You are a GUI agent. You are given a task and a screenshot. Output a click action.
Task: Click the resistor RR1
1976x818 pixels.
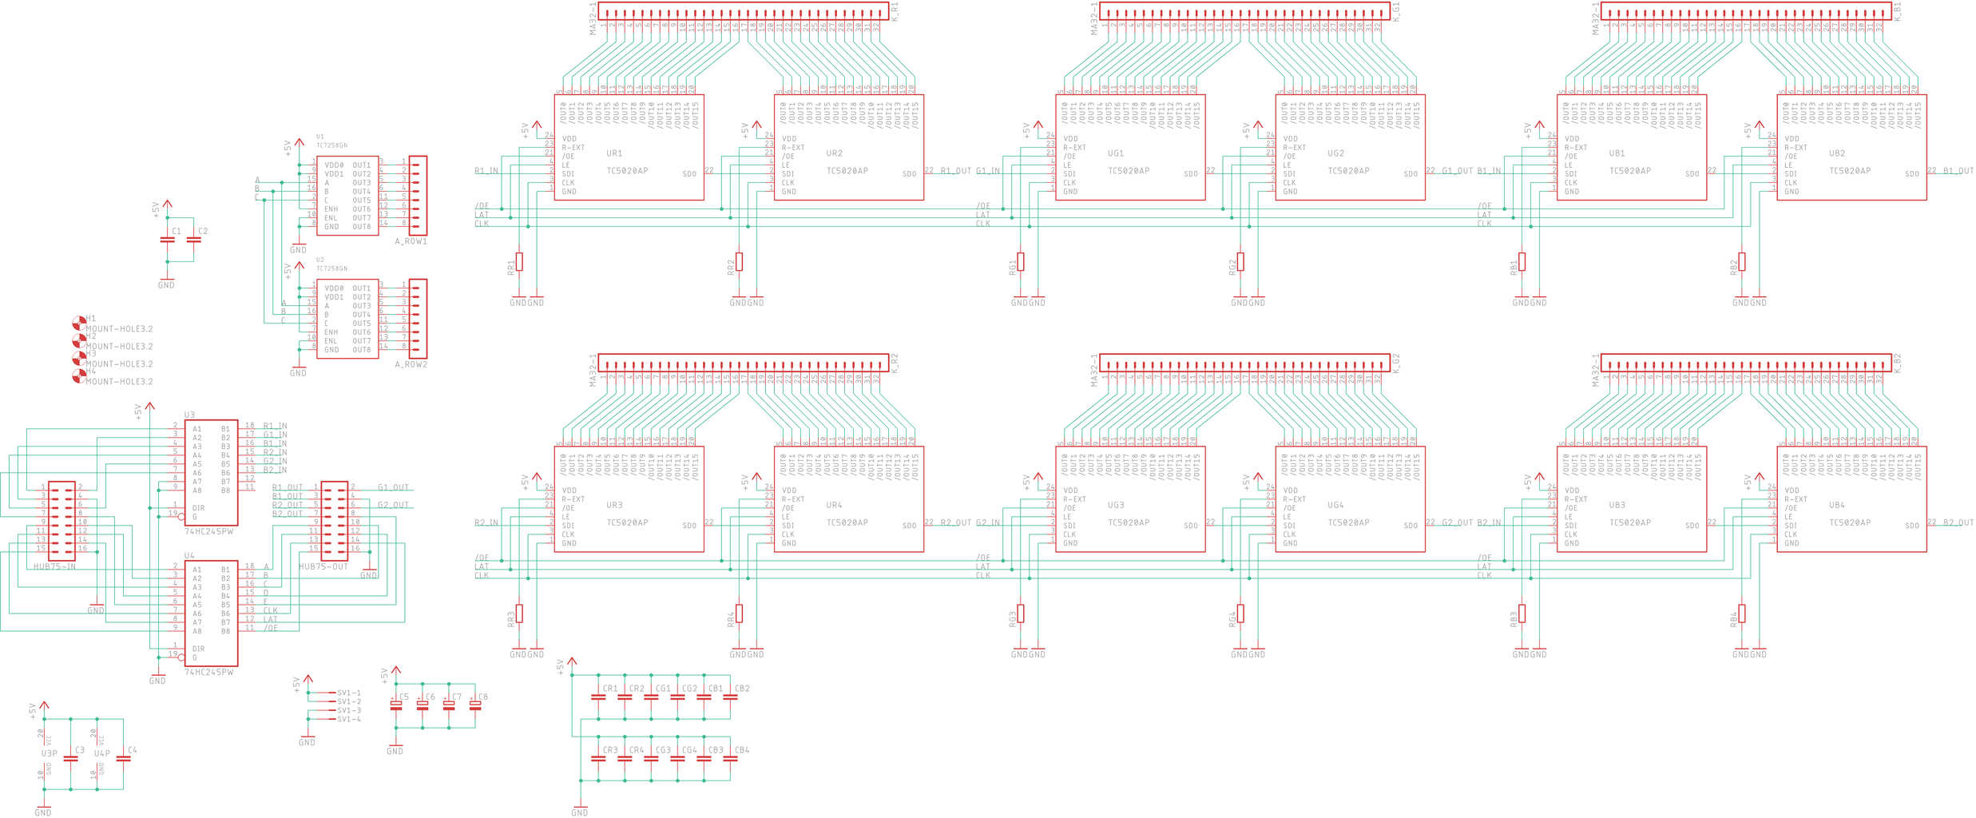click(x=519, y=261)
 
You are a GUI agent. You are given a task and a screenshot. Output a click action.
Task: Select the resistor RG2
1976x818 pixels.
click(x=1240, y=261)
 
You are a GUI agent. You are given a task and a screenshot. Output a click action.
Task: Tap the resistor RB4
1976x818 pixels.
click(x=1742, y=613)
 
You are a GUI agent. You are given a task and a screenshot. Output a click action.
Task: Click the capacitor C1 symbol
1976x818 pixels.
click(x=168, y=239)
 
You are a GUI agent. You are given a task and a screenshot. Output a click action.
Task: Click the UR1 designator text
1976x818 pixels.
click(x=613, y=153)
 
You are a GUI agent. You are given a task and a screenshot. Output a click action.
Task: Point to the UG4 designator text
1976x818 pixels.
click(x=1335, y=505)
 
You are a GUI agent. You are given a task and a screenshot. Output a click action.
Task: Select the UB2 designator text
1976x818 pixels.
click(x=1837, y=153)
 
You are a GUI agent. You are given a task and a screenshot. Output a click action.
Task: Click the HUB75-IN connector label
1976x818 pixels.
click(x=54, y=566)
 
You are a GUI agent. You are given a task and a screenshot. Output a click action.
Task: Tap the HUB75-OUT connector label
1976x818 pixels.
click(x=323, y=566)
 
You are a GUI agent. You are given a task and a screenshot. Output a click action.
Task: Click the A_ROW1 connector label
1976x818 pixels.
click(x=411, y=241)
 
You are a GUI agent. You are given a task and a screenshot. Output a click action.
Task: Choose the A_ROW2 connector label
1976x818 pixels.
click(x=411, y=364)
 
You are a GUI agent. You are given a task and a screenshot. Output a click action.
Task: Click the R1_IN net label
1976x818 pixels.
click(x=486, y=171)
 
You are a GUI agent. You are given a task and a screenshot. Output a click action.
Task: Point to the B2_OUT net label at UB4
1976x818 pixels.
click(x=1958, y=522)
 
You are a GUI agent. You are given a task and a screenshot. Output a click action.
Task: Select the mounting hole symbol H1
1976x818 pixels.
click(x=79, y=323)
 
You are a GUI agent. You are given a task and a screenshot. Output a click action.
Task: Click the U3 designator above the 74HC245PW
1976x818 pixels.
click(x=189, y=415)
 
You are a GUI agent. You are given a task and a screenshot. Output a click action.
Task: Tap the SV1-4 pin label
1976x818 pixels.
click(x=349, y=719)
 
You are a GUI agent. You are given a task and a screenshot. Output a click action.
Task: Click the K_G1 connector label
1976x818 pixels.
click(x=1396, y=11)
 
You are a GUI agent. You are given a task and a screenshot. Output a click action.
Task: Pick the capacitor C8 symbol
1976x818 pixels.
click(x=475, y=704)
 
